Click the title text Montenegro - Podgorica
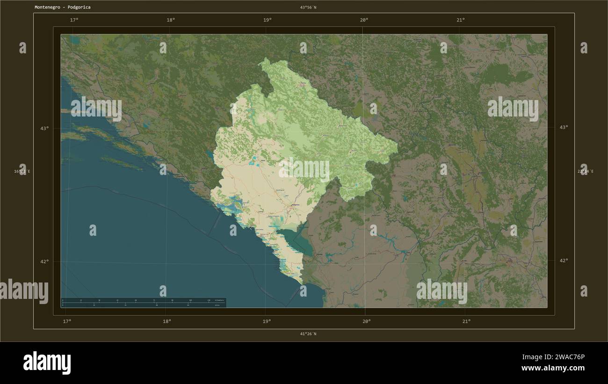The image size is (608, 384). [63, 7]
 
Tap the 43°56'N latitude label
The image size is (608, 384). [308, 7]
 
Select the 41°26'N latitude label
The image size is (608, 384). [308, 333]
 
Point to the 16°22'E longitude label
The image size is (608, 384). [22, 171]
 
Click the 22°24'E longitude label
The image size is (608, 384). [586, 171]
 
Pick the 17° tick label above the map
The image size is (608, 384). [74, 20]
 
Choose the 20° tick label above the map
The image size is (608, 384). [364, 20]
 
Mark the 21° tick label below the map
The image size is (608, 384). [466, 321]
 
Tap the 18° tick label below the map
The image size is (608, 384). [166, 321]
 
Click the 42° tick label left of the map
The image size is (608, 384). [44, 261]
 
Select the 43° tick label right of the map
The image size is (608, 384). [564, 127]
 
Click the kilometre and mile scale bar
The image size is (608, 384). [143, 302]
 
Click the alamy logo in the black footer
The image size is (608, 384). [47, 362]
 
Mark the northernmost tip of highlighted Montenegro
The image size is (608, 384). [265, 59]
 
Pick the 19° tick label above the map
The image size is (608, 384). [267, 20]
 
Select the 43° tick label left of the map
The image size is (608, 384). [44, 128]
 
